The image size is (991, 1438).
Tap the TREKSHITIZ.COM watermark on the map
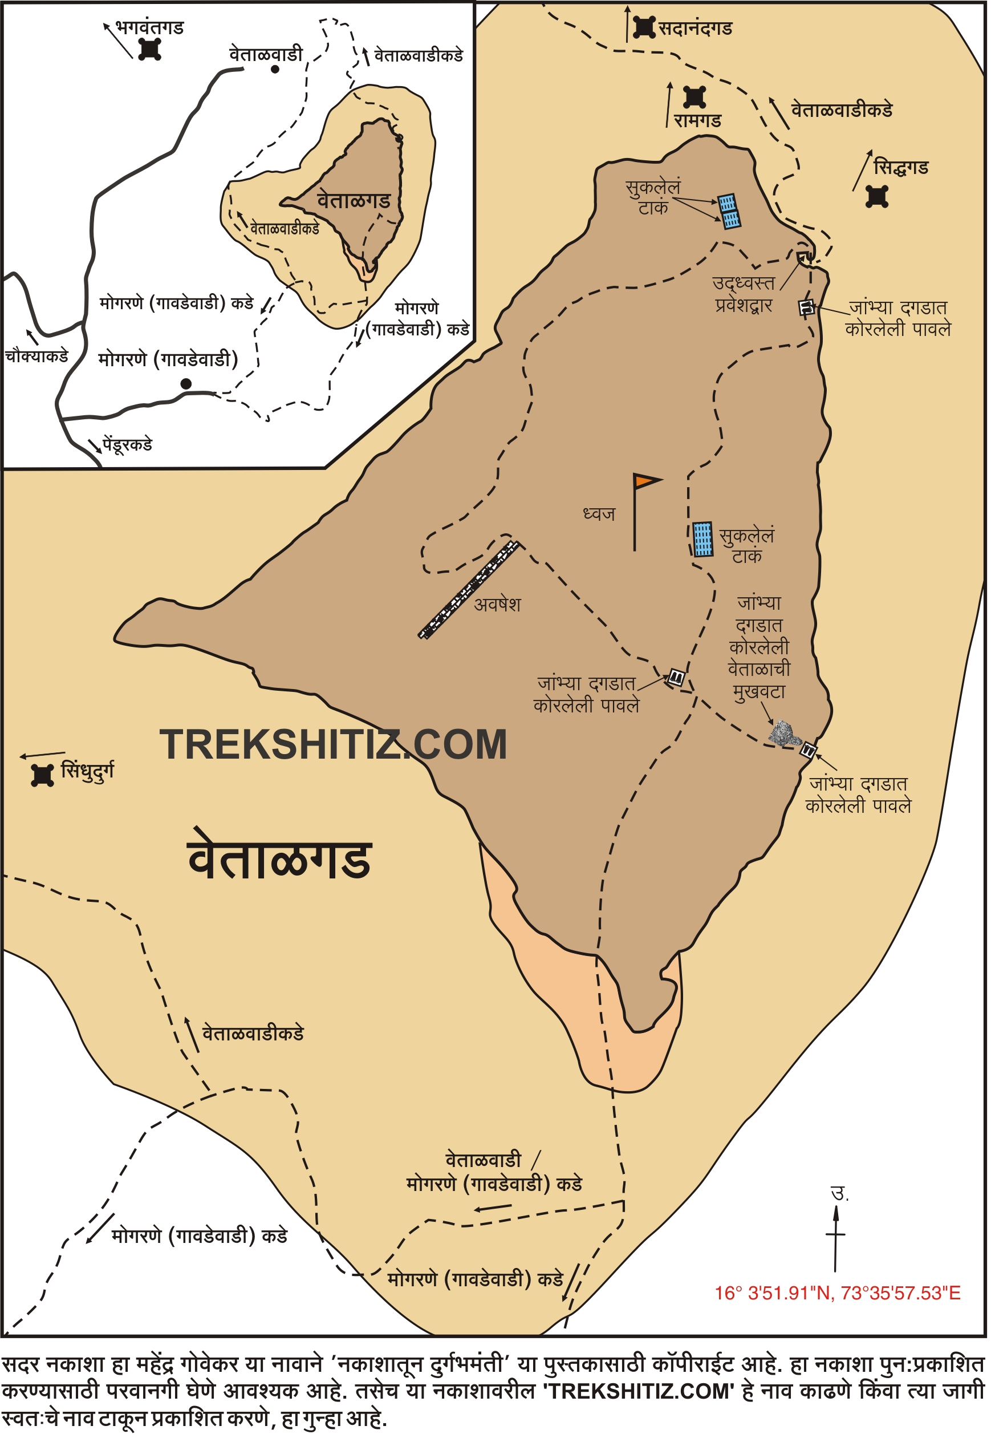[x=334, y=745]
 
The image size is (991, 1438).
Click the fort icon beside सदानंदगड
[x=644, y=27]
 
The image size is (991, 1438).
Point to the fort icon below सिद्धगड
[x=878, y=197]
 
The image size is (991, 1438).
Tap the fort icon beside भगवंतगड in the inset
[x=149, y=49]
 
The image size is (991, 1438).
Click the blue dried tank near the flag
[x=703, y=538]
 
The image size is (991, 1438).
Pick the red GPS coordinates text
[x=838, y=1293]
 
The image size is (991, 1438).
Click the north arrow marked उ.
[x=836, y=1233]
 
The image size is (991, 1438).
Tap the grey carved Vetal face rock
[x=782, y=734]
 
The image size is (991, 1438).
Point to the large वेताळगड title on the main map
[x=279, y=860]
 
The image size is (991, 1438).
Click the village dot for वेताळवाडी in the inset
[x=275, y=69]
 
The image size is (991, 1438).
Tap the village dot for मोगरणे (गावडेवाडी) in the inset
[x=186, y=384]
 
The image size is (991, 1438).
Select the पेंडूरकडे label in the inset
[x=127, y=445]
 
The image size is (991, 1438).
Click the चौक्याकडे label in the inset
[x=36, y=357]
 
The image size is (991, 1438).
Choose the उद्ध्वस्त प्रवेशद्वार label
[x=744, y=294]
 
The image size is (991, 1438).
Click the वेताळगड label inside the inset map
[x=354, y=201]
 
